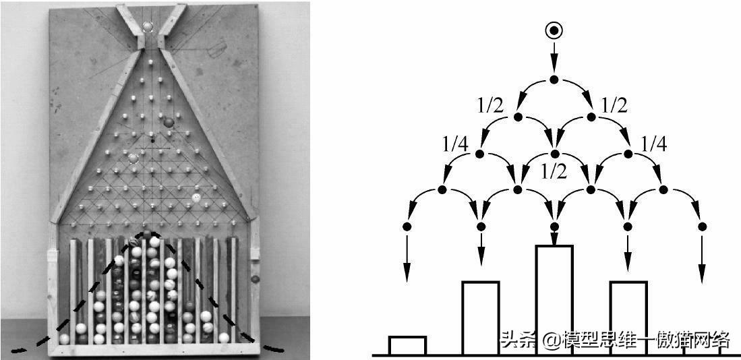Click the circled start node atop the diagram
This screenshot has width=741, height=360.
point(554,31)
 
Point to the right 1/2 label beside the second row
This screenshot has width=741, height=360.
point(614,107)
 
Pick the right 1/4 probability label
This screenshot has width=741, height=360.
point(653,144)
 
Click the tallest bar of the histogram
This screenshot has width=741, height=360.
point(554,300)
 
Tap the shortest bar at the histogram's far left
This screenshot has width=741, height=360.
point(407,345)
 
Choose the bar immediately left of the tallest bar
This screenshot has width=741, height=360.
point(481,318)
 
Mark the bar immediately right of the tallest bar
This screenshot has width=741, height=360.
point(628,318)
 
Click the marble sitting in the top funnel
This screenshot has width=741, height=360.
point(148,26)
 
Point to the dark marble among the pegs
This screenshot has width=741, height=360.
point(169,123)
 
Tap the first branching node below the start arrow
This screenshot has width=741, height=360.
point(554,80)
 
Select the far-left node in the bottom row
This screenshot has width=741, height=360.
point(407,227)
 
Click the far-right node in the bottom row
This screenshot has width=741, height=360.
point(703,227)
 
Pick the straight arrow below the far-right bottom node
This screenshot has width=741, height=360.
point(703,260)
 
